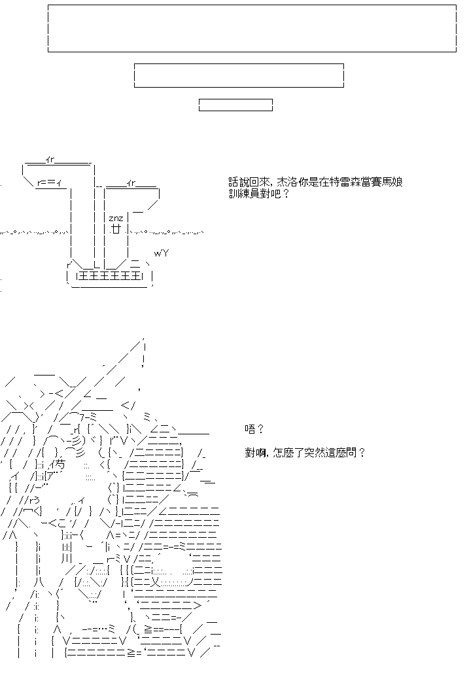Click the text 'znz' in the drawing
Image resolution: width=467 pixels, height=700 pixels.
(x=116, y=219)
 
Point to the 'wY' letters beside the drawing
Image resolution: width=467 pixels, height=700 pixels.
(x=161, y=254)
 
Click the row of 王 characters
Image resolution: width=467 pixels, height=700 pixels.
(x=110, y=276)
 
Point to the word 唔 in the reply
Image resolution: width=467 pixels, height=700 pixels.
(x=250, y=429)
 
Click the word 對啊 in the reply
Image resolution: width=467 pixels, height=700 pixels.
(x=254, y=453)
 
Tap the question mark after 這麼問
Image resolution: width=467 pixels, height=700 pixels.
(x=362, y=453)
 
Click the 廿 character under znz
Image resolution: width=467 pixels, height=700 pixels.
(x=116, y=229)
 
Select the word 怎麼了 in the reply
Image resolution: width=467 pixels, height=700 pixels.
(x=290, y=453)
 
